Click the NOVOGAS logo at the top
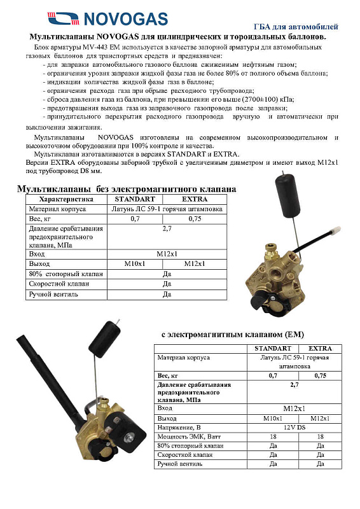point(106,18)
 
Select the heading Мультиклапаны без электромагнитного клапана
point(126,189)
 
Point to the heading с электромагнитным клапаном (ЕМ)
point(233,334)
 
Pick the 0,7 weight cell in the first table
point(135,218)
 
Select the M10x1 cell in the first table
point(135,263)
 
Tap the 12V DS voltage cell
point(293,427)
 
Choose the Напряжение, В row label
point(179,427)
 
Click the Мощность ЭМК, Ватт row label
point(186,436)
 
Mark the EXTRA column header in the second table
point(324,348)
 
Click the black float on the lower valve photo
point(109,335)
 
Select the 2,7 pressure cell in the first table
point(167,227)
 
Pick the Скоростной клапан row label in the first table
point(56,284)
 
